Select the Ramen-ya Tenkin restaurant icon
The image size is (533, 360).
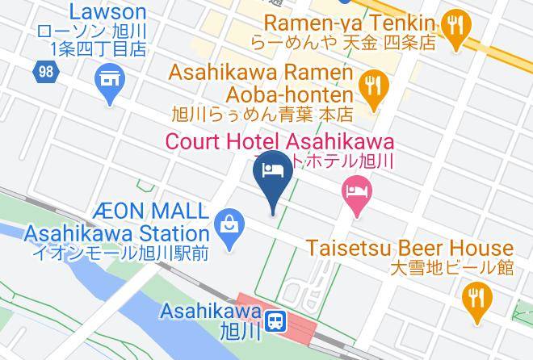point(456,29)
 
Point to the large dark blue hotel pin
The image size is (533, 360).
point(272,174)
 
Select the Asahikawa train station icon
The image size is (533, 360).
point(276,321)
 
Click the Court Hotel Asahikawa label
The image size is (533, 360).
point(279,140)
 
